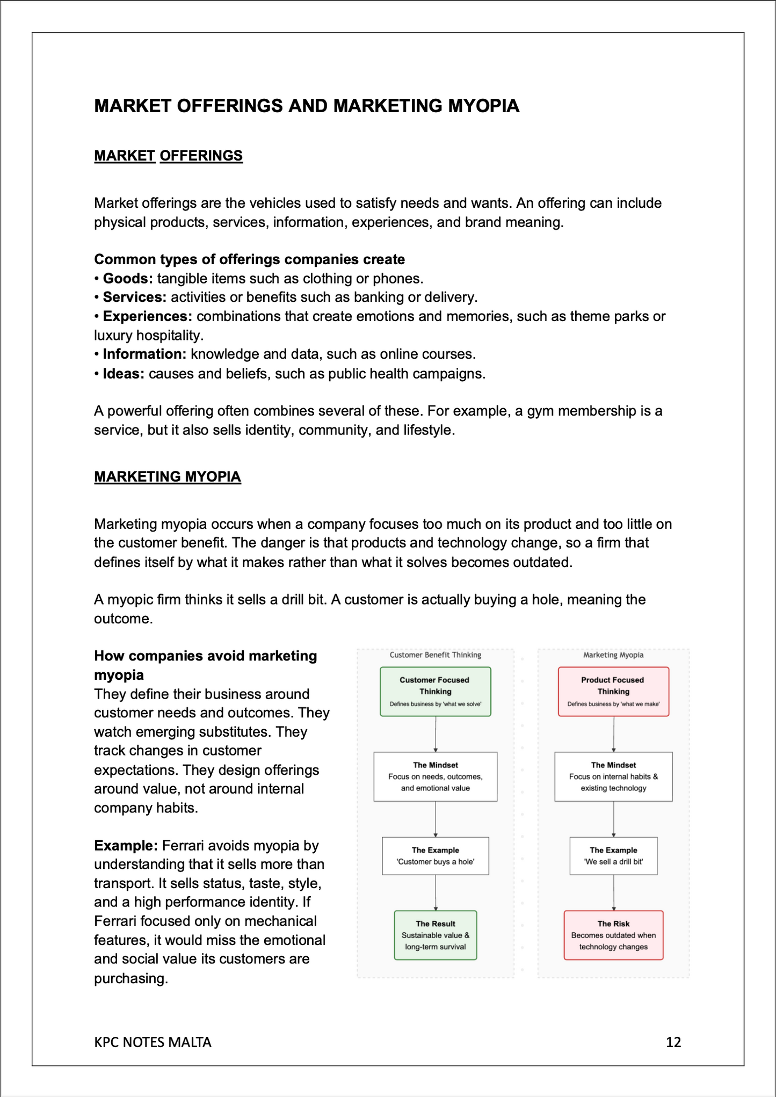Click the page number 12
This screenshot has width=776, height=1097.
[x=673, y=1042]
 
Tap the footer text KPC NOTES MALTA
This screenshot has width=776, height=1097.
[x=153, y=1042]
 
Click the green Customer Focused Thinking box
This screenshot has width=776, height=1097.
[x=435, y=691]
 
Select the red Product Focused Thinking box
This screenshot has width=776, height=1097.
[x=613, y=691]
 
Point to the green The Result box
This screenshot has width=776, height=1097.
[x=435, y=935]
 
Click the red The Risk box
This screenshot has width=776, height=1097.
[x=613, y=935]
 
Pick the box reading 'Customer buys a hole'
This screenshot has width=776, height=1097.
[x=435, y=855]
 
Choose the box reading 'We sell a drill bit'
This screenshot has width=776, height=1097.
[x=613, y=855]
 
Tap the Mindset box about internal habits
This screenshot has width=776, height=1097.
[x=613, y=776]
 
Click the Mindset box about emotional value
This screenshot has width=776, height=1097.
[x=435, y=776]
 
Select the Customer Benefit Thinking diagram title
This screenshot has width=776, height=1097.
[x=435, y=655]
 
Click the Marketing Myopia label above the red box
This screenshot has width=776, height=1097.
[x=613, y=655]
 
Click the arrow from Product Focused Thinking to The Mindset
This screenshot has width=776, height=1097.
[x=613, y=734]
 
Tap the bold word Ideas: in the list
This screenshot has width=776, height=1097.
[x=124, y=373]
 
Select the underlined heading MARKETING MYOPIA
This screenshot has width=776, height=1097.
[x=168, y=476]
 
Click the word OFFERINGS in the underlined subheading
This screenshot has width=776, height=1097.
[x=201, y=156]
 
